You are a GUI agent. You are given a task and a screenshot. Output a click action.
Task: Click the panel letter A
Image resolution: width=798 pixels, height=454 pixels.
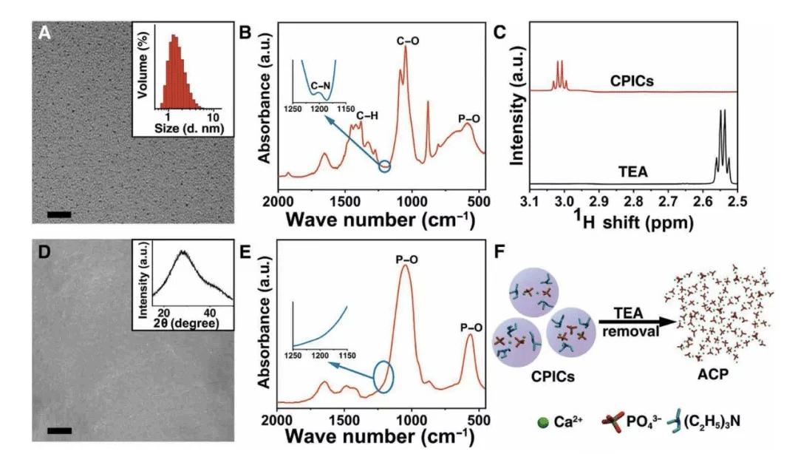tap(45, 33)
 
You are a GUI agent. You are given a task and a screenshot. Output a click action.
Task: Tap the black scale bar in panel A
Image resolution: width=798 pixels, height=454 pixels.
tap(59, 214)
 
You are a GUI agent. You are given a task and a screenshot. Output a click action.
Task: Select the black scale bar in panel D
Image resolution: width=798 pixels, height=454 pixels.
tap(59, 430)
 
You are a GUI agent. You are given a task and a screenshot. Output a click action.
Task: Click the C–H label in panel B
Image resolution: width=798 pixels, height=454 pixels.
tap(367, 115)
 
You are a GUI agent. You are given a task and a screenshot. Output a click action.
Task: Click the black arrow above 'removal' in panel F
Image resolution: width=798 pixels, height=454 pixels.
tap(627, 321)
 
